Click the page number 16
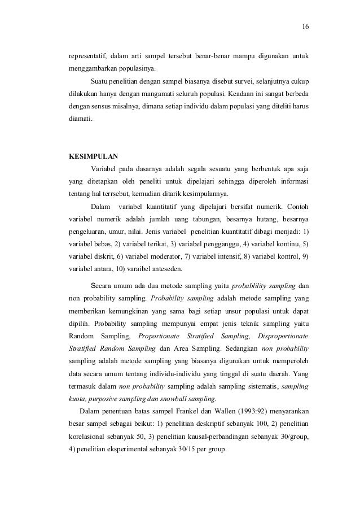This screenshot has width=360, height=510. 306,27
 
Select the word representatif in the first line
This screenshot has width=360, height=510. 85,58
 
